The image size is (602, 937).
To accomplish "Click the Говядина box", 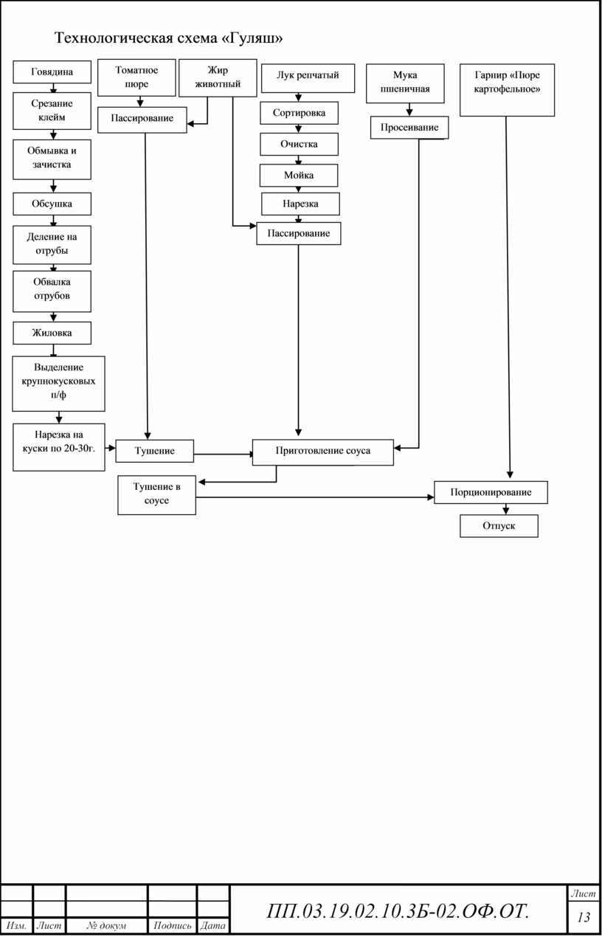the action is click(x=52, y=72).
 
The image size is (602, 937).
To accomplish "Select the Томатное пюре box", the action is click(x=136, y=77).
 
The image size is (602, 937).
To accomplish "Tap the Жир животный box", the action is click(x=218, y=77).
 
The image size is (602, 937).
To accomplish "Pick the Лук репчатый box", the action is click(x=308, y=78).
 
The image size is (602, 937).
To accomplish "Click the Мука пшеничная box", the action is click(x=405, y=83).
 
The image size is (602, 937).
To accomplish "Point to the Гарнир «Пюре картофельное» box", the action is click(x=507, y=90).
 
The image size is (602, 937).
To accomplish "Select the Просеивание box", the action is click(x=409, y=128).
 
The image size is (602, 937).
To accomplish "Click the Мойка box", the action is click(x=299, y=176).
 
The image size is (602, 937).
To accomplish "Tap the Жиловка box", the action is click(x=52, y=333).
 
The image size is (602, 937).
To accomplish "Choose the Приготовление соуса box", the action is click(x=322, y=452).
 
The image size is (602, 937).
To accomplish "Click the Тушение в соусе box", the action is click(x=156, y=495).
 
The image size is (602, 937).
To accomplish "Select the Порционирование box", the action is click(x=491, y=492).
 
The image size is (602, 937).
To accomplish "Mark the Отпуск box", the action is click(x=499, y=526).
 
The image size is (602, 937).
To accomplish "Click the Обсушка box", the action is click(x=52, y=204).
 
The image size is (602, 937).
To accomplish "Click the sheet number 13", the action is click(x=584, y=917).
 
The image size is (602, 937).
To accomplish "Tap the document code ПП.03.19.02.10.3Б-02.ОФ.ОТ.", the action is click(x=398, y=911).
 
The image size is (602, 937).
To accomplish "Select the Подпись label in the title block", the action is click(x=172, y=925).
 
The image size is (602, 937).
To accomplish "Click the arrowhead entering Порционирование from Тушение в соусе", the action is click(x=431, y=497).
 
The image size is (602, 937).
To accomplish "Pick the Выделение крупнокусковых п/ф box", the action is click(x=58, y=384).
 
